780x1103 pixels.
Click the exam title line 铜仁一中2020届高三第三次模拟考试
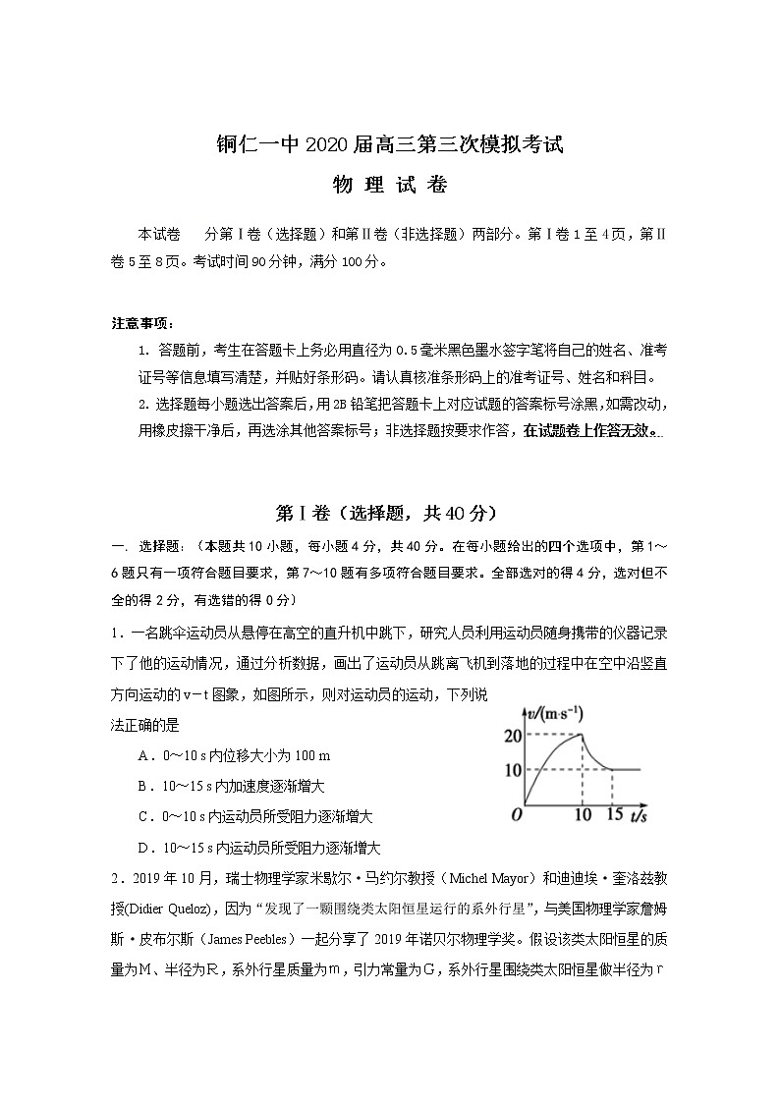click(389, 146)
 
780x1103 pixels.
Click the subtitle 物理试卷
click(390, 187)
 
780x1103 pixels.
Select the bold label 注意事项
click(142, 323)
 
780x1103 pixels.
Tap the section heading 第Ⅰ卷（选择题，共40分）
click(389, 513)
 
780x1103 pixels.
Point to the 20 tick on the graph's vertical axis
click(512, 737)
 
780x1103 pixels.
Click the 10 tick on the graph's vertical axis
click(512, 770)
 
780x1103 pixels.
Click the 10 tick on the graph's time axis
click(583, 815)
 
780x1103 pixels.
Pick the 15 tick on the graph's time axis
click(615, 815)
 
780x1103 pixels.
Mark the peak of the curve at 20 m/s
click(583, 735)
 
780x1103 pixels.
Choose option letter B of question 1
click(143, 786)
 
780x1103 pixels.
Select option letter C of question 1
click(143, 816)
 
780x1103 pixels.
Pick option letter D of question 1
click(143, 847)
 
